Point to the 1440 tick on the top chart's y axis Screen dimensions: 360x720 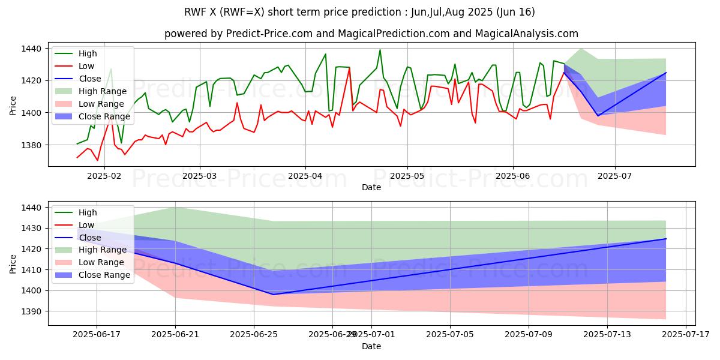pyautogui.click(x=31, y=49)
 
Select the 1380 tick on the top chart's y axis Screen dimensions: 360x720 pyautogui.click(x=31, y=145)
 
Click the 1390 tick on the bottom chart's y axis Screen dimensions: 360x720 pyautogui.click(x=31, y=311)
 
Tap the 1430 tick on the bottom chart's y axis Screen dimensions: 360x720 pyautogui.click(x=31, y=229)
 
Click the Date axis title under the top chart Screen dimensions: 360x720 pyautogui.click(x=371, y=188)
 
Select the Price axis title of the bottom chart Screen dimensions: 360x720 pyautogui.click(x=13, y=263)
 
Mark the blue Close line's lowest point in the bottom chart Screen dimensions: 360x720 pyautogui.click(x=274, y=294)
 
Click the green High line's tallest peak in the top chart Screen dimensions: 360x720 pyautogui.click(x=380, y=50)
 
